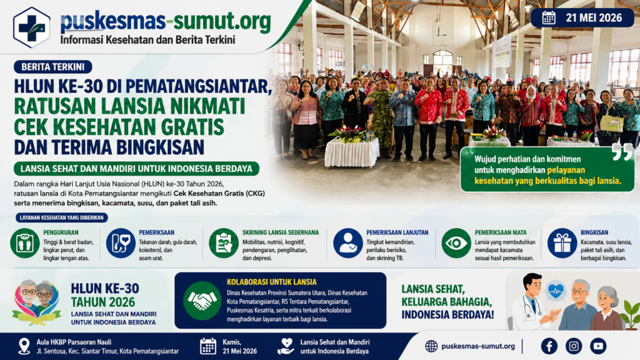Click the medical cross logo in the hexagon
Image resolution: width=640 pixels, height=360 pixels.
click(32, 27)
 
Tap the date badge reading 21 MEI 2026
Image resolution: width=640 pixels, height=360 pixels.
click(582, 18)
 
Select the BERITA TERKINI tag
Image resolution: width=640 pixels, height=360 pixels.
click(53, 67)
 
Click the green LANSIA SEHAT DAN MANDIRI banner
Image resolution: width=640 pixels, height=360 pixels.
click(136, 169)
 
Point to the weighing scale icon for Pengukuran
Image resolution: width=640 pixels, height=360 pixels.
click(25, 243)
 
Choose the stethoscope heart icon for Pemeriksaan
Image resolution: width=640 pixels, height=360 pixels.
click(121, 243)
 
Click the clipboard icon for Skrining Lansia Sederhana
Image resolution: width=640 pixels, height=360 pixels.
click(224, 243)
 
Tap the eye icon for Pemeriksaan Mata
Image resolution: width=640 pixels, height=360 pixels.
click(456, 243)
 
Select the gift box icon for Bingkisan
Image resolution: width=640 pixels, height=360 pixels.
click(562, 243)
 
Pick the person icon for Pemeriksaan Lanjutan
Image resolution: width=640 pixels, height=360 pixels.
click(347, 243)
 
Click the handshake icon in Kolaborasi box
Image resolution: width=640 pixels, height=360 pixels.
click(202, 301)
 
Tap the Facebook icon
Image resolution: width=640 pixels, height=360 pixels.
click(549, 346)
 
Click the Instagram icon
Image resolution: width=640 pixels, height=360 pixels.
click(574, 346)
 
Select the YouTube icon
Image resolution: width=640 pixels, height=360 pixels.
click(598, 346)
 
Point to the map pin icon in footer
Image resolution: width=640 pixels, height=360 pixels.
click(24, 346)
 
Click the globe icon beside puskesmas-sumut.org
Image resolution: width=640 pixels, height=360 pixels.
click(431, 346)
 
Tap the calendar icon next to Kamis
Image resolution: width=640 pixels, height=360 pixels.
click(208, 346)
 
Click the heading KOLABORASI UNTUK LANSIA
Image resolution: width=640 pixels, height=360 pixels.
click(272, 282)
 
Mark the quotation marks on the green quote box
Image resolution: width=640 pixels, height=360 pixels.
click(622, 152)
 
